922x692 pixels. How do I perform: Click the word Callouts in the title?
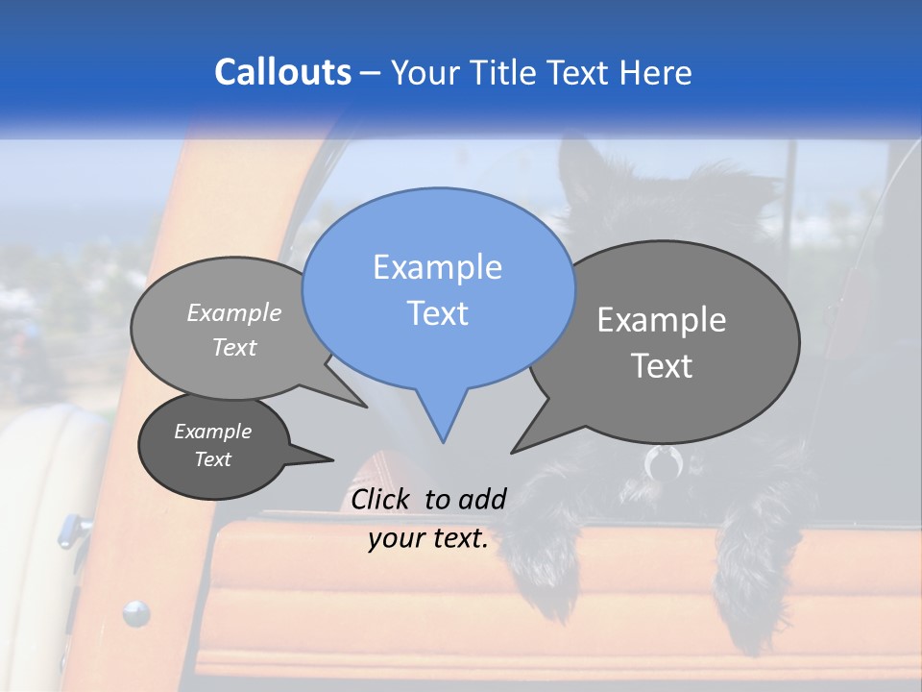click(282, 72)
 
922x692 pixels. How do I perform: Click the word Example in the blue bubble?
click(437, 267)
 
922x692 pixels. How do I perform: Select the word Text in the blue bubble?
click(438, 313)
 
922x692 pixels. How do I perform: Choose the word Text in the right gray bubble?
click(662, 366)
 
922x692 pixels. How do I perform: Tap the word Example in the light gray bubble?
click(234, 312)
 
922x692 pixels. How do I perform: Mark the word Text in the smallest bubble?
click(213, 459)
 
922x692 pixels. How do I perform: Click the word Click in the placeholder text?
click(381, 499)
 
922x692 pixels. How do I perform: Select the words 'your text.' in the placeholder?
click(428, 538)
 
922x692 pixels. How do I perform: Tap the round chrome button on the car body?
click(136, 612)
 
